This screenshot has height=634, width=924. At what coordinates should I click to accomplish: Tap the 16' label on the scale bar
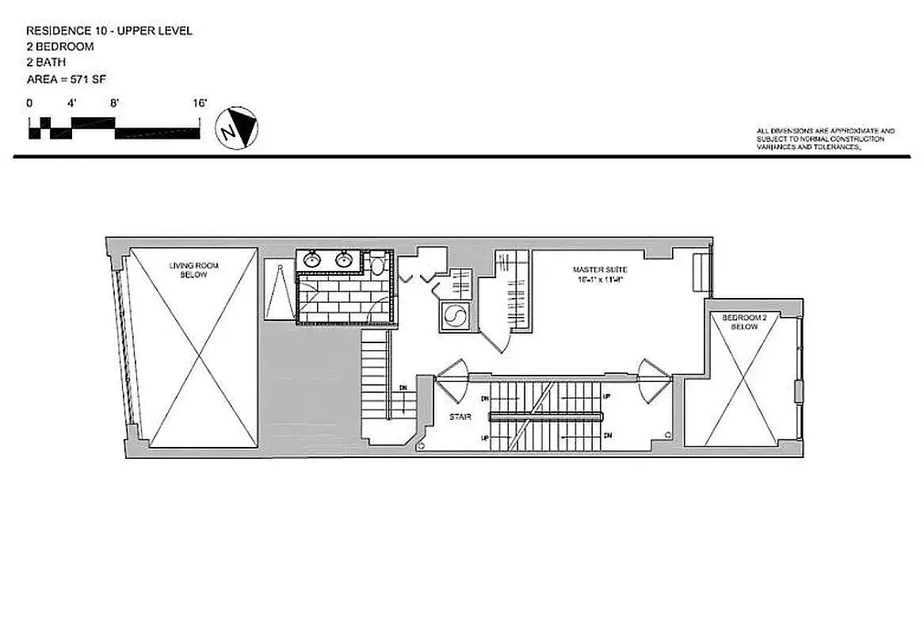[x=199, y=103]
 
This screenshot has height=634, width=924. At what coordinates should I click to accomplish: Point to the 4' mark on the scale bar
[x=71, y=103]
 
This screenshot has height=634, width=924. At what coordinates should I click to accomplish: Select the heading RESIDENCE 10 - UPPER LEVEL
[x=109, y=31]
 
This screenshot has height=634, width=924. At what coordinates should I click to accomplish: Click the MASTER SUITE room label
[x=600, y=270]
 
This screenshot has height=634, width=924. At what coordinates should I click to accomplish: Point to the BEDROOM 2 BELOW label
[x=744, y=322]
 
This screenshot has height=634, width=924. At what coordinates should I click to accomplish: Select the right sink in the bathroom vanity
[x=344, y=259]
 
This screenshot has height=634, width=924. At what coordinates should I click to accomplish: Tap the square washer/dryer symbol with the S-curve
[x=455, y=315]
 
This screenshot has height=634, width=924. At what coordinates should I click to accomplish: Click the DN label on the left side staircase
[x=403, y=388]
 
